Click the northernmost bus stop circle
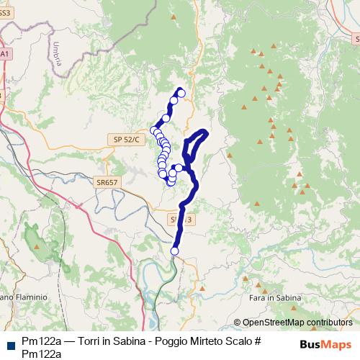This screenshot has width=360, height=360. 181,93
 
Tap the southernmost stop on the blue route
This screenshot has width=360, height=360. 174,251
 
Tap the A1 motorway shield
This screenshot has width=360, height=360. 4,54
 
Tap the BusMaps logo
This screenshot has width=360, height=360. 325,344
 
